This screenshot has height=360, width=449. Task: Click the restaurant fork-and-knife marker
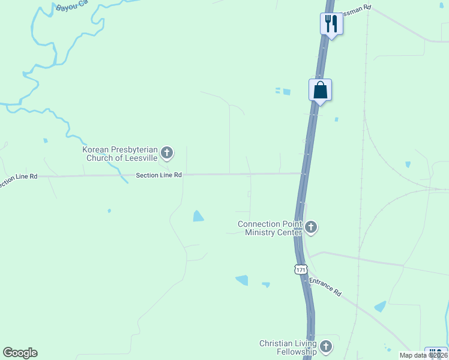331,24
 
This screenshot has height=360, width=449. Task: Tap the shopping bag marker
321,91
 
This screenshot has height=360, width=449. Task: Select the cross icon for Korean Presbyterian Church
167,154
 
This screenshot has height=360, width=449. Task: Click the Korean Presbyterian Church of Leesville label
120,154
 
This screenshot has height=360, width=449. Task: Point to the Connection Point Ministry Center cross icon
311,227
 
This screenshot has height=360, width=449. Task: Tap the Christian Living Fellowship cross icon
326,346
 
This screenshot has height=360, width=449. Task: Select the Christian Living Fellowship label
288,347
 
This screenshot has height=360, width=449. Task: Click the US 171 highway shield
301,269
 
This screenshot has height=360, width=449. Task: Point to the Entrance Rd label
325,286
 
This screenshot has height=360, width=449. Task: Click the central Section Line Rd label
158,175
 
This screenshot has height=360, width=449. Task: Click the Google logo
20,353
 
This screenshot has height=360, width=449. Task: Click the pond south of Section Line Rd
198,216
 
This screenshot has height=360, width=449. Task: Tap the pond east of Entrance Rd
380,307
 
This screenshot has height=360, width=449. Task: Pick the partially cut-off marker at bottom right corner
436,353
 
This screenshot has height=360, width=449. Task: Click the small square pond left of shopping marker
286,92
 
